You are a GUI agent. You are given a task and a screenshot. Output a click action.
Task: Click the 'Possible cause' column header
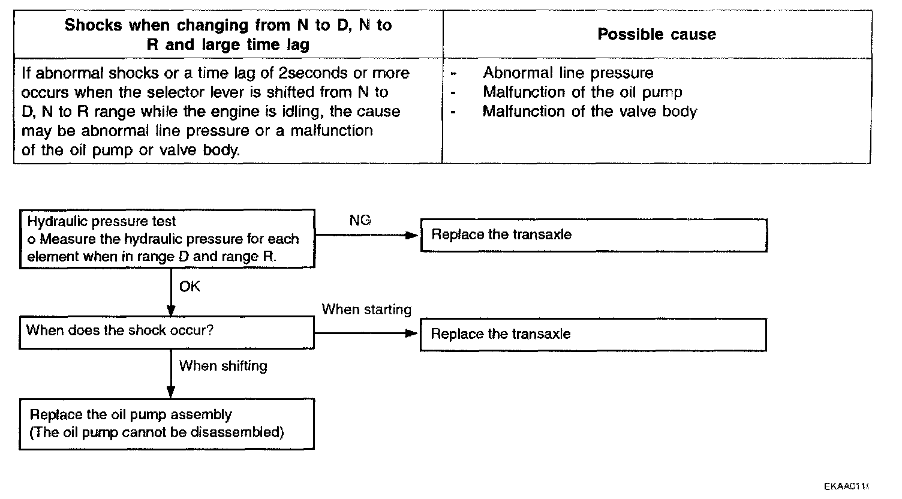click(657, 35)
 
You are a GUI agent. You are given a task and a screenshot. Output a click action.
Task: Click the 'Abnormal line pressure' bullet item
click(568, 73)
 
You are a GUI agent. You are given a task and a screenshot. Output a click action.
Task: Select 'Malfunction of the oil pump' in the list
click(582, 92)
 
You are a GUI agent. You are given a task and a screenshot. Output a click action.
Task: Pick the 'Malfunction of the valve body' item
click(590, 112)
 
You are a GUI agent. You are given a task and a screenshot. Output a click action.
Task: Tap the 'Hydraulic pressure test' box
click(167, 239)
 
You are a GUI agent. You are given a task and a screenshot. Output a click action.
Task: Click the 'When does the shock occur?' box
click(167, 332)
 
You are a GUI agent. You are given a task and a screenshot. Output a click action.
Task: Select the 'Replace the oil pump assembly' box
click(167, 423)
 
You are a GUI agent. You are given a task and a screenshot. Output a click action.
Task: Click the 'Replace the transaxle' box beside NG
click(593, 235)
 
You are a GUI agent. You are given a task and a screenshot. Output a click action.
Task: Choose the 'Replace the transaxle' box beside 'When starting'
click(593, 334)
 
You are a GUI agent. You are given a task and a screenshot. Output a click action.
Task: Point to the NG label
click(360, 221)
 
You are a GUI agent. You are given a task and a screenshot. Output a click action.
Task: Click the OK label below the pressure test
click(190, 287)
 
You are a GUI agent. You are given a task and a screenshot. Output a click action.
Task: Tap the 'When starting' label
click(366, 309)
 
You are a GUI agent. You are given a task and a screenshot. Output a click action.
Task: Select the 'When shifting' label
click(223, 366)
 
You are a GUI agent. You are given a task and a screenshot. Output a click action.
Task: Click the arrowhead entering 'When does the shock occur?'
click(171, 311)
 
